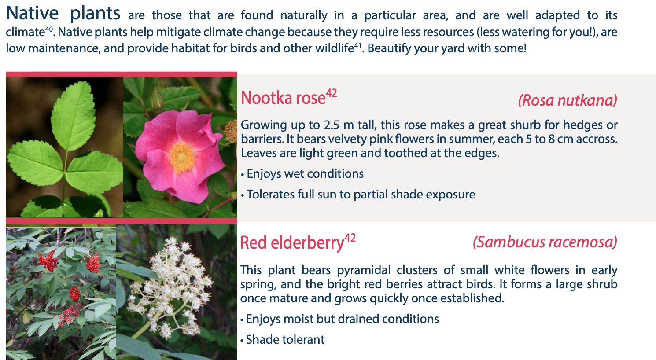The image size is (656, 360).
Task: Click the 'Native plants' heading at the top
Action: [63, 14]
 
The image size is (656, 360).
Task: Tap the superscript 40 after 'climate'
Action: [49, 29]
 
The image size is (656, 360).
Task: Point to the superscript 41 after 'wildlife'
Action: [357, 46]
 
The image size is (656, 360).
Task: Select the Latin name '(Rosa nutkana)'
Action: [568, 100]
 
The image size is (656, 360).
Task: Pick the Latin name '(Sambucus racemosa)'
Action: [545, 242]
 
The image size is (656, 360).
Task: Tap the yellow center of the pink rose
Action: [181, 157]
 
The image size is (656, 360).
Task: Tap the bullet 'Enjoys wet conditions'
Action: [302, 174]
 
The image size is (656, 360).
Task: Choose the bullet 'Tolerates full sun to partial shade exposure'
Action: [358, 195]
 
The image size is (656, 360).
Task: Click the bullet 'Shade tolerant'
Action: [282, 340]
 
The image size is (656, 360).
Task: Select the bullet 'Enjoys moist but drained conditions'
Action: [340, 319]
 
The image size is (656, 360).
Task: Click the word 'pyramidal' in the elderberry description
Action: [364, 270]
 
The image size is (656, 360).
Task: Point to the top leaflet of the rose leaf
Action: [74, 116]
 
